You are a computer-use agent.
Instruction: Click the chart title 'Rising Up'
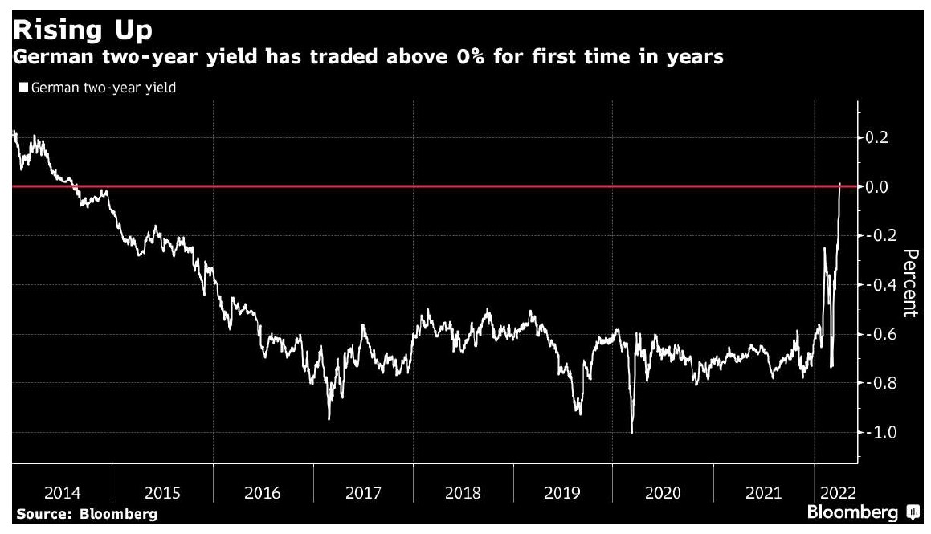pos(84,31)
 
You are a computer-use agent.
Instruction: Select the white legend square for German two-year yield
pos(23,88)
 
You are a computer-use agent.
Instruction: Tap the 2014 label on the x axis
pos(63,492)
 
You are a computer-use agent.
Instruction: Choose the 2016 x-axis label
pos(263,492)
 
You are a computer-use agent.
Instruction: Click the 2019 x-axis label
pos(562,492)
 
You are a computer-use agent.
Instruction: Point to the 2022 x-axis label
pos(837,492)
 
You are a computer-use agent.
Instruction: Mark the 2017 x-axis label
pos(363,492)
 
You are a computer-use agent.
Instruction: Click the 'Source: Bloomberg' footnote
pos(86,514)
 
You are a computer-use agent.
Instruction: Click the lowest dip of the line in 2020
pos(631,433)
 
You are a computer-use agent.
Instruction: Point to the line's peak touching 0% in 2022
pos(839,184)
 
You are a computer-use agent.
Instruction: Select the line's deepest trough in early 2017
pos(329,418)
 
